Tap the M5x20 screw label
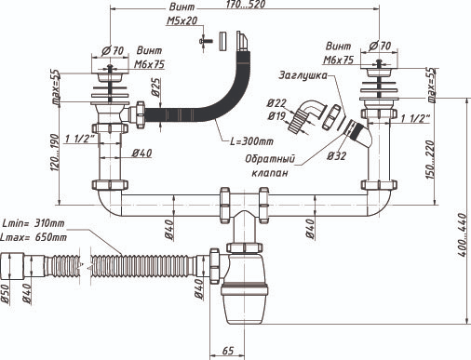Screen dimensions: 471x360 (182, 20)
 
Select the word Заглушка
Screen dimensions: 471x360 (303, 75)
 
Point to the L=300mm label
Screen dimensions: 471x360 (251, 141)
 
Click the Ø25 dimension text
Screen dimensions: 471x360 (155, 87)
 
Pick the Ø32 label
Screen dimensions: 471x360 (336, 155)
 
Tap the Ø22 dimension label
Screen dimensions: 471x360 (276, 103)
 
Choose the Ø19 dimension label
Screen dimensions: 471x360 (276, 116)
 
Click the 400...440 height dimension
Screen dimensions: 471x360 (462, 234)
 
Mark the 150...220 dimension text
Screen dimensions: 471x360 (429, 159)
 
